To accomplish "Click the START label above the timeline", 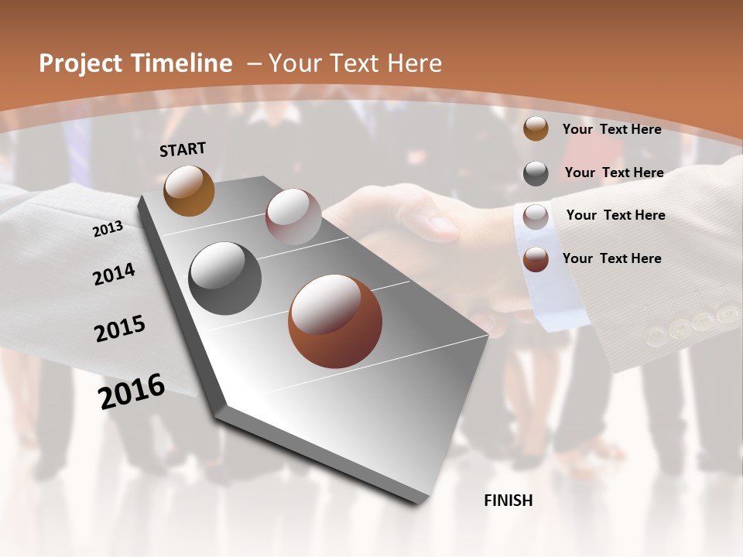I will (183, 149).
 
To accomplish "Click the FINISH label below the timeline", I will (508, 501).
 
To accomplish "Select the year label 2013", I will (108, 229).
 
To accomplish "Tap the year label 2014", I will (114, 274).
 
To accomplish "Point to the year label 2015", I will (120, 329).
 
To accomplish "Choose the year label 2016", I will (132, 391).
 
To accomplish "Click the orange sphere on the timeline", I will (189, 190).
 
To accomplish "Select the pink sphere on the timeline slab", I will (293, 217).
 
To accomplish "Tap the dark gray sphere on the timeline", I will (224, 278).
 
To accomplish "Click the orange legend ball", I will (536, 129).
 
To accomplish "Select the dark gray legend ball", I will (536, 173).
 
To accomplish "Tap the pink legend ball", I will (536, 217).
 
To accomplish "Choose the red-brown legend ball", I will (536, 259).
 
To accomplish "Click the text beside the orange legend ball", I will (611, 130).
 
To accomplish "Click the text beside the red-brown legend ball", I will (611, 258).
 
